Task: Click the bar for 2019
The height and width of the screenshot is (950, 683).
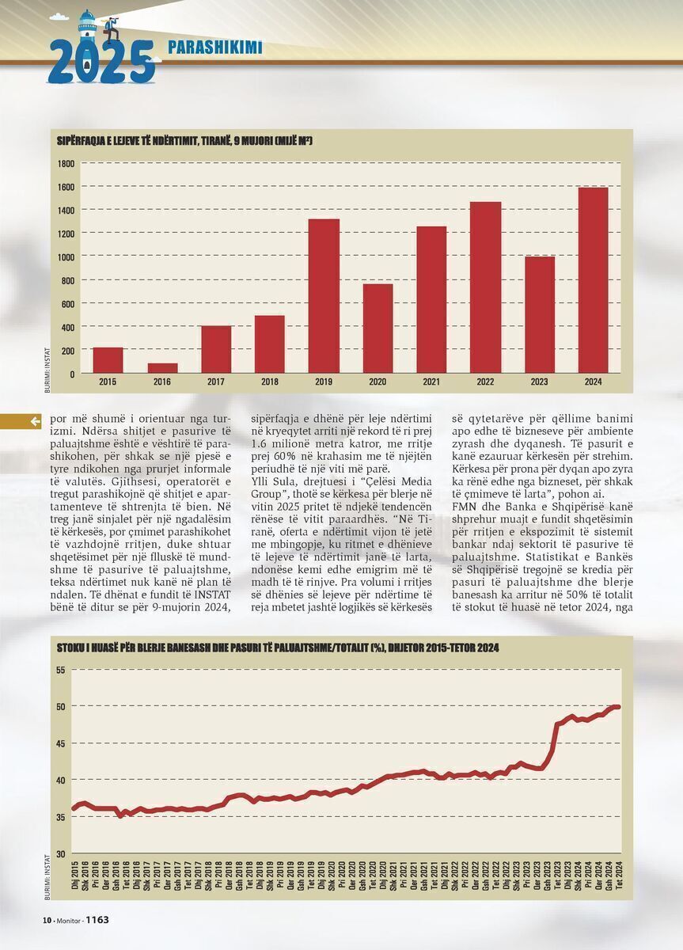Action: pyautogui.click(x=324, y=296)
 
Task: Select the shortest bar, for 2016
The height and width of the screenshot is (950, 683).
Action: pyautogui.click(x=162, y=368)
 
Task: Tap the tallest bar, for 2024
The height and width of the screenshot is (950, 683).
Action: pyautogui.click(x=593, y=280)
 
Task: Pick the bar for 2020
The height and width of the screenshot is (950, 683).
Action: pyautogui.click(x=378, y=329)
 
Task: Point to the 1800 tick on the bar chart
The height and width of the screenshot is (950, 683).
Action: pyautogui.click(x=66, y=164)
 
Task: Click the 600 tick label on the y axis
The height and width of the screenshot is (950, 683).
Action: pyautogui.click(x=68, y=304)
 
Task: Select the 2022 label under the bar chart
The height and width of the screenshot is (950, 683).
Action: pyautogui.click(x=485, y=382)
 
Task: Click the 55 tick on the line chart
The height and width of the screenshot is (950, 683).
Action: pyautogui.click(x=62, y=670)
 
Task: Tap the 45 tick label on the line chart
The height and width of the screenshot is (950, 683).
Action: pyautogui.click(x=62, y=743)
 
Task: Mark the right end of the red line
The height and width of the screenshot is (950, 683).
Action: pyautogui.click(x=619, y=707)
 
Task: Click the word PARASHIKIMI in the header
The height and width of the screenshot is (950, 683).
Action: pyautogui.click(x=215, y=47)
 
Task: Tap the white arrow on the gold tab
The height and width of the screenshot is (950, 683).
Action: pyautogui.click(x=36, y=421)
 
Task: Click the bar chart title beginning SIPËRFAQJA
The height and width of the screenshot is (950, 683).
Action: pyautogui.click(x=184, y=141)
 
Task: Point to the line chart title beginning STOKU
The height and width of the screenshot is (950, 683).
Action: pyautogui.click(x=278, y=648)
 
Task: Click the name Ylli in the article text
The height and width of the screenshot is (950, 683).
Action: pyautogui.click(x=258, y=482)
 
